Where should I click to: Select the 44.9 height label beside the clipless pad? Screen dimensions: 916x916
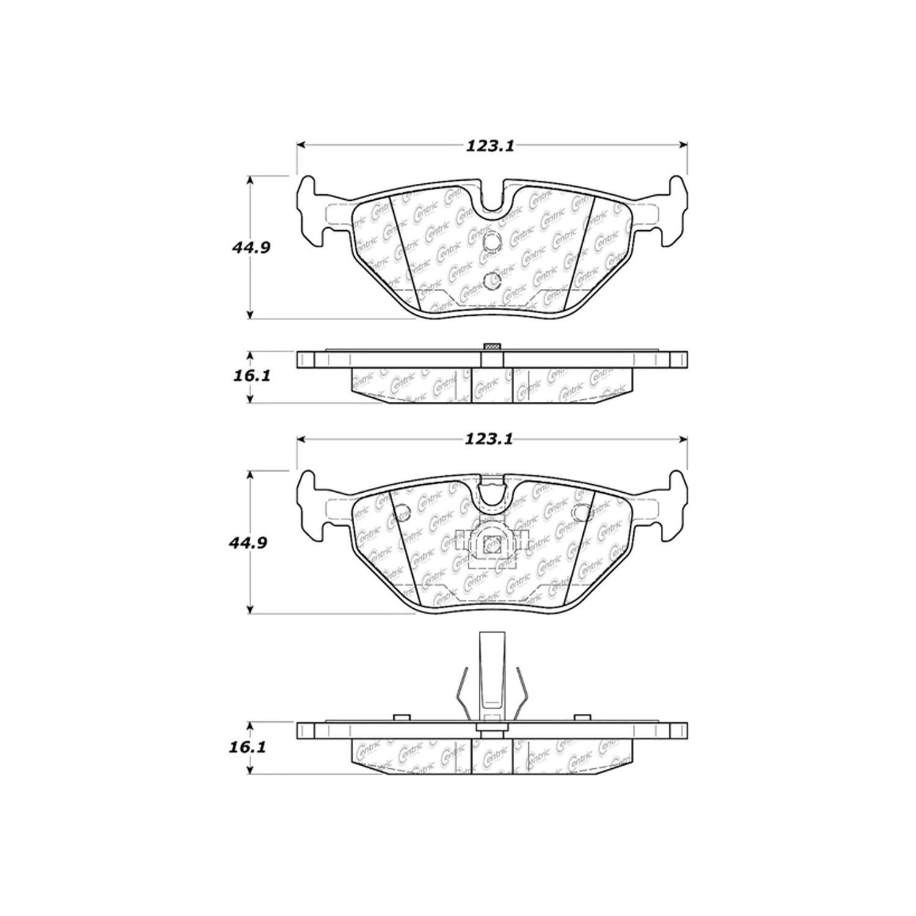[x=250, y=248]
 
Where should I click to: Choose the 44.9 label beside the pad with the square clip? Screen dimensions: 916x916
[x=250, y=542]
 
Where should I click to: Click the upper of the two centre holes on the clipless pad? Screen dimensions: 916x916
[x=491, y=242]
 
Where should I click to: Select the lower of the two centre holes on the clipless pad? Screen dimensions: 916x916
[x=491, y=281]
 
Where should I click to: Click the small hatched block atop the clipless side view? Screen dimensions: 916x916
[x=492, y=347]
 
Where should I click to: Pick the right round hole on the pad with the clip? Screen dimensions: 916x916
[x=582, y=514]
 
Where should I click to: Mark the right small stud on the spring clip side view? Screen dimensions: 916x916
[x=582, y=717]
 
